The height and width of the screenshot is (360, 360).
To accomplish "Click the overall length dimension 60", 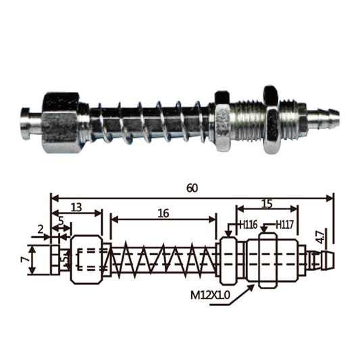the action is [x=192, y=188].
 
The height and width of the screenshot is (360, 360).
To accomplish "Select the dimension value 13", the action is [x=76, y=207].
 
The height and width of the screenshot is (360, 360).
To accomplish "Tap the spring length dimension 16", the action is [x=163, y=213].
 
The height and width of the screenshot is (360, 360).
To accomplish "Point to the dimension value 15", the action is [x=267, y=204].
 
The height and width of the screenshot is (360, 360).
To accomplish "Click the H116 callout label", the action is [x=248, y=225].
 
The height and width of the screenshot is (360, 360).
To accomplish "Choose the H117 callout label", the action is [x=284, y=225].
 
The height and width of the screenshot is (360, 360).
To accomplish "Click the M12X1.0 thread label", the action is [x=210, y=295].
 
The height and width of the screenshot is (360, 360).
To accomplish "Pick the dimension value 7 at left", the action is [x=24, y=259].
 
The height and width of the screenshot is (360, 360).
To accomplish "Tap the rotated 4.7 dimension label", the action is [x=320, y=237].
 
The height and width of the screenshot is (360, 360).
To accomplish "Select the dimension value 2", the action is [x=41, y=230].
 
